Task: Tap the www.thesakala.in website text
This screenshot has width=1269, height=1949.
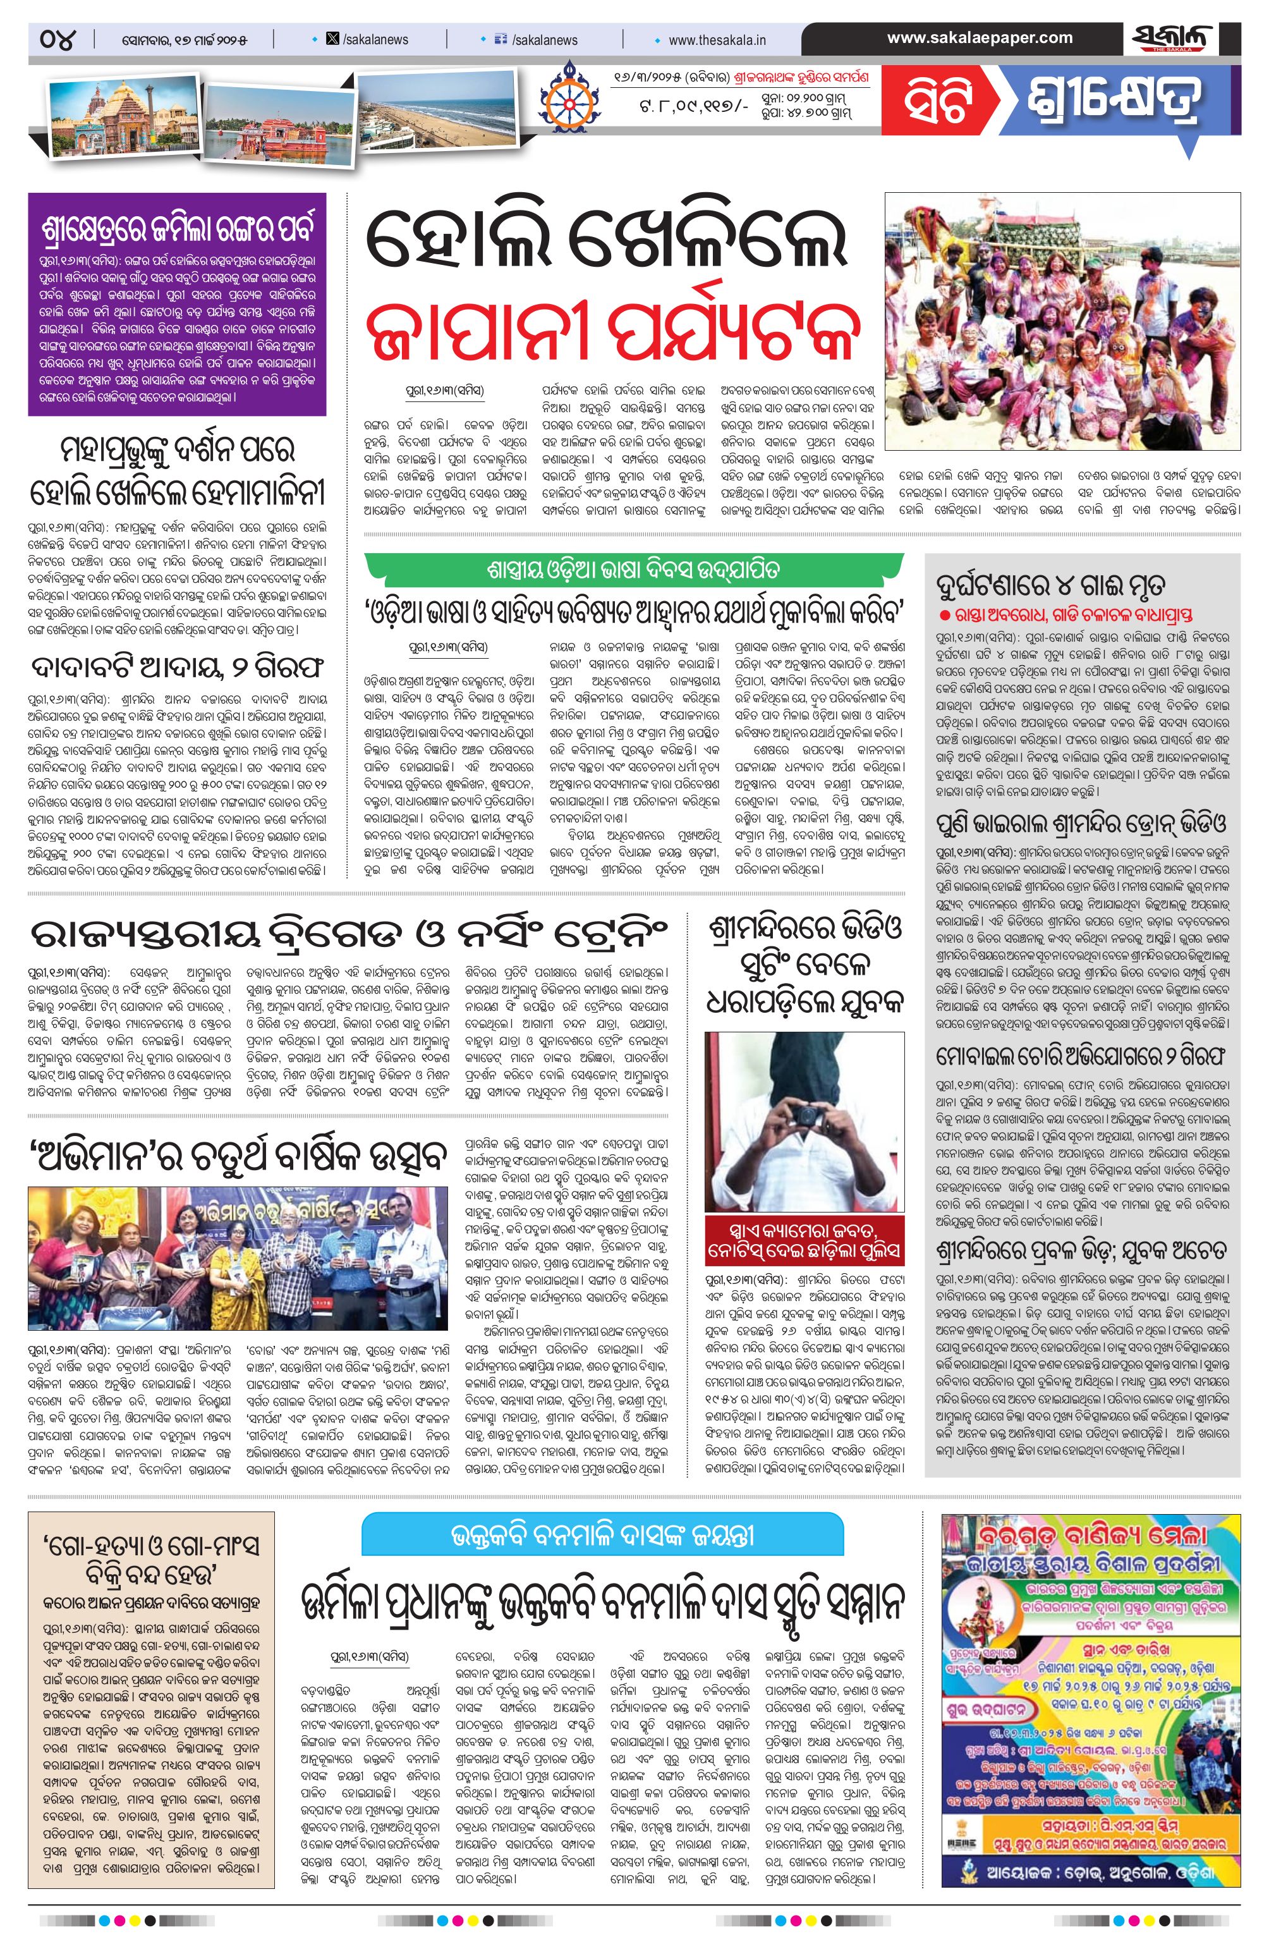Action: pyautogui.click(x=717, y=39)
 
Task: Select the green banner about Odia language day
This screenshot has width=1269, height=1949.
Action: pyautogui.click(x=634, y=568)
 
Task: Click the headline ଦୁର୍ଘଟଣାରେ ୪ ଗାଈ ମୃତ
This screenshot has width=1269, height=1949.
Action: pyautogui.click(x=1051, y=585)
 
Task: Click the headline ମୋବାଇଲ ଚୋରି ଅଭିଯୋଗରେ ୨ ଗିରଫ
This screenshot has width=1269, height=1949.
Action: pyautogui.click(x=1083, y=1056)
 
